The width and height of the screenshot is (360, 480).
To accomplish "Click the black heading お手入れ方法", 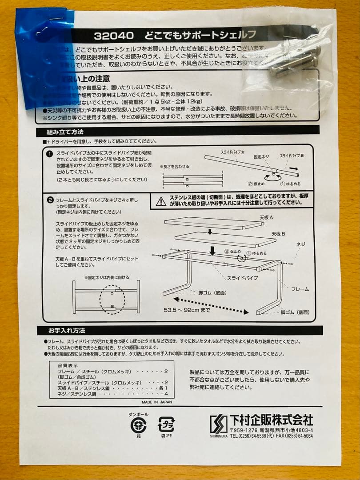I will pos(67,331).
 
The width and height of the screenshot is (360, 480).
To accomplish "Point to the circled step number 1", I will pos(50,154).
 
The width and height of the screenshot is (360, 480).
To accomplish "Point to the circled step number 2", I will pos(50,200).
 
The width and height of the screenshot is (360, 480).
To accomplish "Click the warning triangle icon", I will pos(160,201).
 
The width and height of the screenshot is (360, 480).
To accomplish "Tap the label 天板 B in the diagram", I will pos(279,234).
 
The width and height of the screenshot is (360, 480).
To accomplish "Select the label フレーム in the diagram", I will pos(300,289).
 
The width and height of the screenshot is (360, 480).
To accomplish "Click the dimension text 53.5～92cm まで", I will pos(187,310).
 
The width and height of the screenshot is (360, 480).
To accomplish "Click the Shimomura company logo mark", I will pos(218,424).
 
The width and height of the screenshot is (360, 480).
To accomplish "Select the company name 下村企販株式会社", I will pos(271,420).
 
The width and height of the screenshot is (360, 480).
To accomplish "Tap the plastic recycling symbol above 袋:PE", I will pos(166,425).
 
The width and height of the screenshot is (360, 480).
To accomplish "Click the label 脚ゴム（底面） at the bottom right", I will pos(295,312).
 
